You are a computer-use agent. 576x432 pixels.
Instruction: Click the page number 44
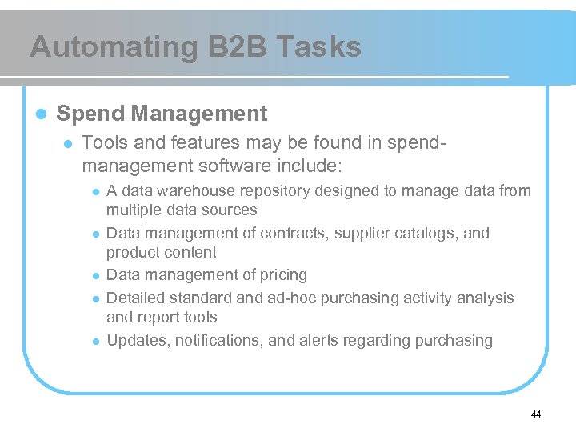pyautogui.click(x=536, y=414)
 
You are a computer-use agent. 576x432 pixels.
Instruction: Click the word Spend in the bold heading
pyautogui.click(x=90, y=114)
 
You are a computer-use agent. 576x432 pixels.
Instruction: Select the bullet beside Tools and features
pyautogui.click(x=68, y=143)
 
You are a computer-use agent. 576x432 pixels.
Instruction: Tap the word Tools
pyautogui.click(x=105, y=142)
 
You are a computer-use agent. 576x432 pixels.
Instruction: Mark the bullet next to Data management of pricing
pyautogui.click(x=95, y=276)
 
